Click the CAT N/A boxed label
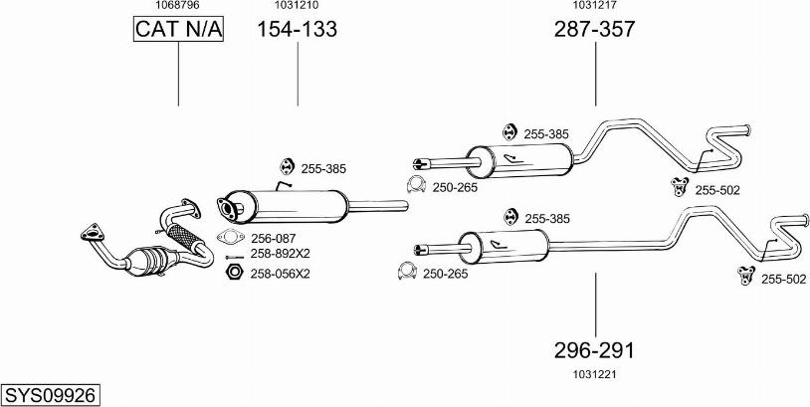pos(179,31)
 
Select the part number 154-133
pos(298,30)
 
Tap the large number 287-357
pos(594,30)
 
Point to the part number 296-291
pos(594,350)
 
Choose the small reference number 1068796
pos(178,6)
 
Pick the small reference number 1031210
pos(298,6)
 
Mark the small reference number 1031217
pos(594,6)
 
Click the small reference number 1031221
pos(595,374)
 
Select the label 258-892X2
pos(281,254)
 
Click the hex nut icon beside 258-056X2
pos(234,272)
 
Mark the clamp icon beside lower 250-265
pos(406,273)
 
